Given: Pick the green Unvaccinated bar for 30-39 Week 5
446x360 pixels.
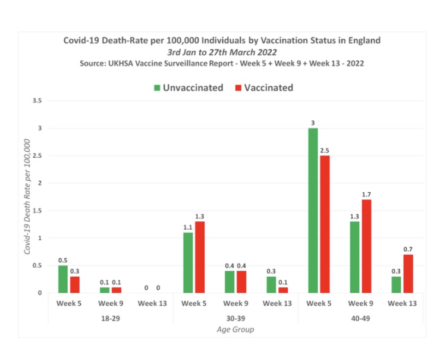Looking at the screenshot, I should (x=189, y=262).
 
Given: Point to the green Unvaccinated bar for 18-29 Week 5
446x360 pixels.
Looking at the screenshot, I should (x=63, y=279).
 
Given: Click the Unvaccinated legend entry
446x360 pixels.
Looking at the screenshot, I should (x=189, y=87).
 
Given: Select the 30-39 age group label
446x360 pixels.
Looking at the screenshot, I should (x=235, y=318).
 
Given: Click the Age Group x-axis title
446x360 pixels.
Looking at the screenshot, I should (x=235, y=330).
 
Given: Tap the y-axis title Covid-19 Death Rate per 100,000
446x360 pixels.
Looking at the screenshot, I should (x=27, y=197).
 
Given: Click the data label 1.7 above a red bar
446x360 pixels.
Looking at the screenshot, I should (x=366, y=194).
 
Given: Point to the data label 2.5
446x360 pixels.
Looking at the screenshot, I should (x=324, y=150).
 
